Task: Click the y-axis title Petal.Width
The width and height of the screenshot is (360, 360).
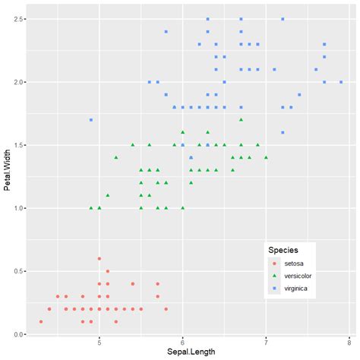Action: (7, 176)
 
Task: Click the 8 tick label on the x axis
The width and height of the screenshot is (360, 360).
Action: (349, 342)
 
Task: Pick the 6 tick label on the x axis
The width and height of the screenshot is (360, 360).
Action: (182, 342)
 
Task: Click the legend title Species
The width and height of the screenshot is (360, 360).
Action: (283, 249)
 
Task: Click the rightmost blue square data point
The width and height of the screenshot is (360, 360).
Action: (341, 81)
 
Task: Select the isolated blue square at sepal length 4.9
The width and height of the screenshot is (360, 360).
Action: (91, 119)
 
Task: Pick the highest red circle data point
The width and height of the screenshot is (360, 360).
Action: (99, 258)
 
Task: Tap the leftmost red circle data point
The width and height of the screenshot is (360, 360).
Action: (41, 321)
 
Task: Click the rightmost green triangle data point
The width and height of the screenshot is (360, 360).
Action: (266, 157)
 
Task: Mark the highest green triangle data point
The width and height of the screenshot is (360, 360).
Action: (241, 119)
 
